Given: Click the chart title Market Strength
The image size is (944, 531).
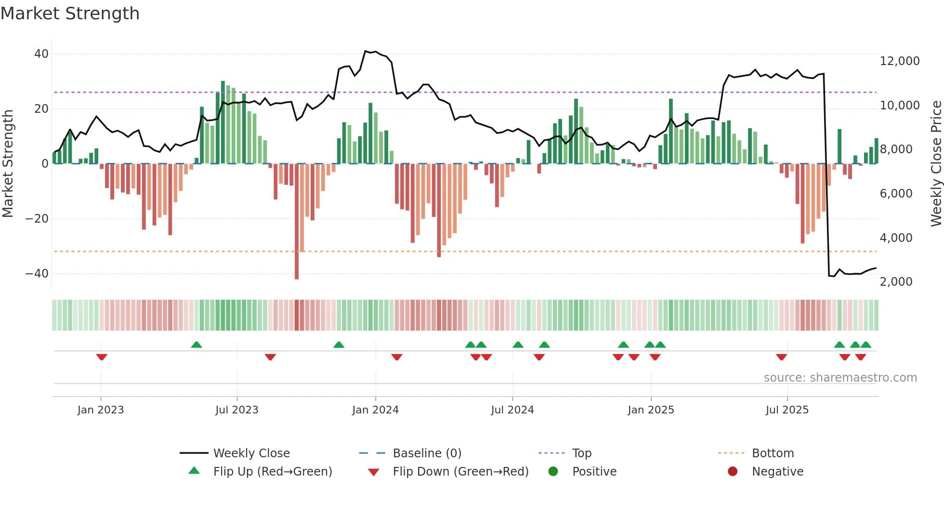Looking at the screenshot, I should pos(70,13).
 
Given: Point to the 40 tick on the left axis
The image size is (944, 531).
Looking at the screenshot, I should pos(41,54).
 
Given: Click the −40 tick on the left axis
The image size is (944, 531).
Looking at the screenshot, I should pos(37,274).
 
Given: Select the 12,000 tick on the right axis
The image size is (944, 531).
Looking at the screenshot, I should pos(899,61).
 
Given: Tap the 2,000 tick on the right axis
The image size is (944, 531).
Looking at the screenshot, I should pos(896,282).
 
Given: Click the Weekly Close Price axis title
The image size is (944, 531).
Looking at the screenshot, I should pos(936,164).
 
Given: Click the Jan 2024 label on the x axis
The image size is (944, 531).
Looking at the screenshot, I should pos(375,410).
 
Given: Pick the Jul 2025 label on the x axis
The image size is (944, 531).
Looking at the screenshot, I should pos(787,410).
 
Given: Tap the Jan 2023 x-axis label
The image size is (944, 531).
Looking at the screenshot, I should pos(101,410).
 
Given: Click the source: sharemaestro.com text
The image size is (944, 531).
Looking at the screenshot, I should pos(840,378).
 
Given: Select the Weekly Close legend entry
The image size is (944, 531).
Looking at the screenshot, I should pos(251,453).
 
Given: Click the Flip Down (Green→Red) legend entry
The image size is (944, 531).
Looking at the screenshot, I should pos(460,472).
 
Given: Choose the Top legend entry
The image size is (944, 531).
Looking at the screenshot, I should pos(581,453).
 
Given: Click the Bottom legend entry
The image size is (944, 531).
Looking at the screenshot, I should pos(773,453).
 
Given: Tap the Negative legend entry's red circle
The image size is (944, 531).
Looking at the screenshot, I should pos(733,472).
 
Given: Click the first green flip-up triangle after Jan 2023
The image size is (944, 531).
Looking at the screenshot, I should pos(197,345).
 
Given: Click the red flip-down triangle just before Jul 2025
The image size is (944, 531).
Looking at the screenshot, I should pos(781,357).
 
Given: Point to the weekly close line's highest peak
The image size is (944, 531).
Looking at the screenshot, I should pos(366,51).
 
